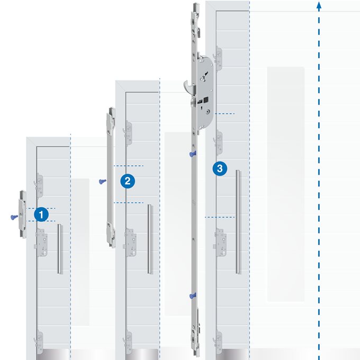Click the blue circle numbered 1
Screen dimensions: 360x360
pyautogui.click(x=42, y=214)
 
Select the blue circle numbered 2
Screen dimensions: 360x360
pyautogui.click(x=127, y=181)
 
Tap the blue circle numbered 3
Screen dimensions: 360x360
pyautogui.click(x=220, y=169)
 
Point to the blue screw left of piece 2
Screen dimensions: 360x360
pyautogui.click(x=101, y=181)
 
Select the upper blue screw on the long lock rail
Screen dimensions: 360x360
pyautogui.click(x=192, y=154)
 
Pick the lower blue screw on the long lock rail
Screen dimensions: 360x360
pyautogui.click(x=193, y=295)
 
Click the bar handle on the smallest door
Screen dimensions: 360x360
pyautogui.click(x=60, y=249)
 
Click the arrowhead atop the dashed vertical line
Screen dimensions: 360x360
pyautogui.click(x=319, y=5)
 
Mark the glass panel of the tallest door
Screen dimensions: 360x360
pyautogui.click(x=285, y=185)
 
